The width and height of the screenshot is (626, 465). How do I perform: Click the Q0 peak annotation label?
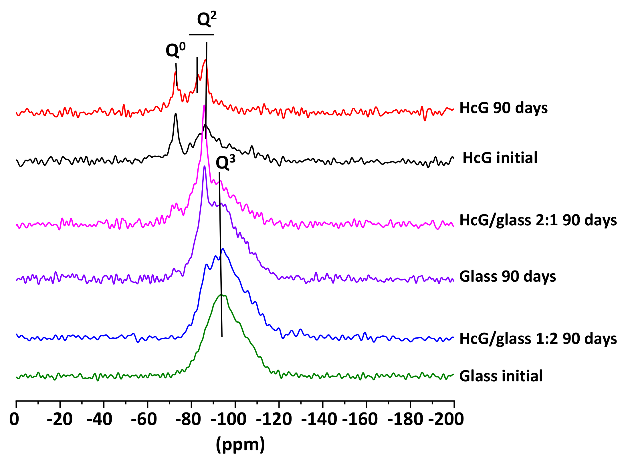click(x=175, y=50)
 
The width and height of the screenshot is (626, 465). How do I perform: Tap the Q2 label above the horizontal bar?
click(x=207, y=19)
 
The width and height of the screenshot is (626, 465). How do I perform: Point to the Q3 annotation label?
click(x=225, y=163)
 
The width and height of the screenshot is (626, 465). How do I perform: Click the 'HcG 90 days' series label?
click(x=503, y=108)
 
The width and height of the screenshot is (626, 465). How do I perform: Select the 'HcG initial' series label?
click(x=500, y=158)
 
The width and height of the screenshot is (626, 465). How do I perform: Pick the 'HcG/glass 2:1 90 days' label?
click(x=538, y=221)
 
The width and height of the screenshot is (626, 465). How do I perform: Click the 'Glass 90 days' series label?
click(x=508, y=276)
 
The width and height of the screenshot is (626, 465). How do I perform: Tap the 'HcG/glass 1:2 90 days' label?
click(x=538, y=339)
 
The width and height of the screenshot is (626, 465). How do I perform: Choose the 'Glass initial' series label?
click(x=501, y=376)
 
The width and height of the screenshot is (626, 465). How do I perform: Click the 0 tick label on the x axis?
click(x=14, y=419)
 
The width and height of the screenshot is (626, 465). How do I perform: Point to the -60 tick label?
click(x=144, y=419)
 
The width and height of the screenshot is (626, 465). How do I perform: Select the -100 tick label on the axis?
click(x=228, y=419)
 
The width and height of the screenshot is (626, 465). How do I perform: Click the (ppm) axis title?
click(x=240, y=444)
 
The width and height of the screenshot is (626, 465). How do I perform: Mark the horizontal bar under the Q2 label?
click(x=201, y=35)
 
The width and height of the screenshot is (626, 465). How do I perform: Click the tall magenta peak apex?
click(x=204, y=105)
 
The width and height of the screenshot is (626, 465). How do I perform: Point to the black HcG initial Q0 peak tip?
click(x=176, y=114)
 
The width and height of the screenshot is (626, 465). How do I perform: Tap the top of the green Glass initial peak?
click(x=221, y=294)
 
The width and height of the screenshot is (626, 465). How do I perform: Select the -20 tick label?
click(x=60, y=419)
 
